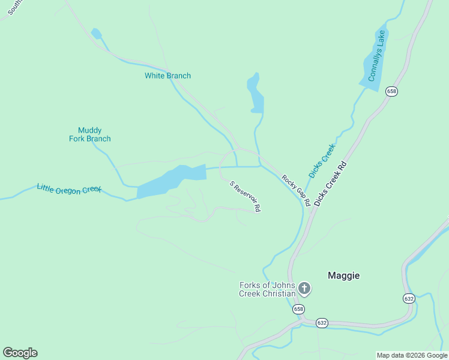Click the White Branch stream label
[167, 76]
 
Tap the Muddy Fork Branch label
[89, 134]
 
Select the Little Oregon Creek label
[69, 190]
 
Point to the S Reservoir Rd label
[245, 196]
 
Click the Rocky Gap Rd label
[295, 190]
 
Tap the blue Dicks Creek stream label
[322, 160]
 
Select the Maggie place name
[343, 275]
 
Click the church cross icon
[304, 289]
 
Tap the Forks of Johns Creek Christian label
[267, 289]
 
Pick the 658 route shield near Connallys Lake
[391, 91]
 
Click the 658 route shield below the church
[298, 309]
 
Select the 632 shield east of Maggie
[409, 298]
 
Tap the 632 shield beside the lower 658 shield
[322, 323]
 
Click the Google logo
[20, 353]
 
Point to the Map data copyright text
[412, 355]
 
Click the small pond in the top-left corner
[96, 33]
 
